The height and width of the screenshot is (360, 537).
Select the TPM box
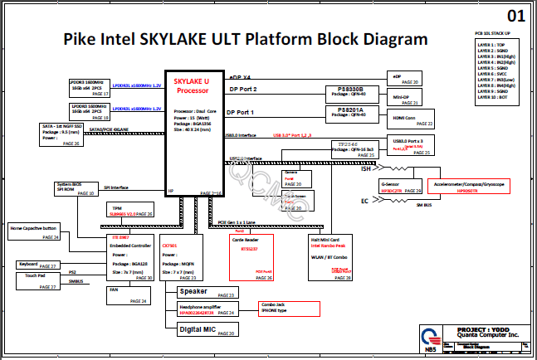point(132,211)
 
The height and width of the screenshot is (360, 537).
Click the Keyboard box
point(37,265)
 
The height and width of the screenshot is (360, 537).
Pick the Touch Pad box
point(37,280)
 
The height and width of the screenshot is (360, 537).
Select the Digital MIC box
point(206,330)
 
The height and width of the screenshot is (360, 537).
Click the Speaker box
point(206,293)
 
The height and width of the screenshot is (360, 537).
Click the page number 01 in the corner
point(515,16)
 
